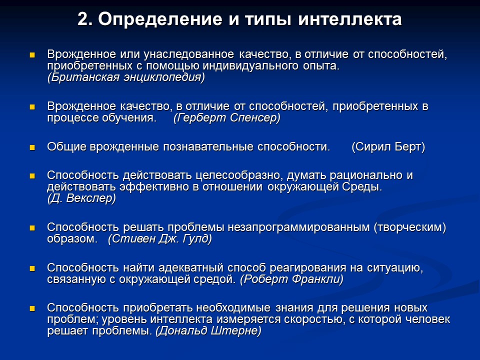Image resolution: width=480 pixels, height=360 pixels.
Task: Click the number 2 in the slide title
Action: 84,19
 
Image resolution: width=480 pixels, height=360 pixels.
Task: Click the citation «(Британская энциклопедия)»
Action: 126,77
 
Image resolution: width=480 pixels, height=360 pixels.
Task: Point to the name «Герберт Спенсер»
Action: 227,118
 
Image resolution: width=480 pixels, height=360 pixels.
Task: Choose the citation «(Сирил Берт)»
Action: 388,147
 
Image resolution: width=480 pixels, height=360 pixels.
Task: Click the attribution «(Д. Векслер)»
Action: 81,198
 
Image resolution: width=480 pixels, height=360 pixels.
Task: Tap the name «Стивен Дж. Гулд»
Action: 160,238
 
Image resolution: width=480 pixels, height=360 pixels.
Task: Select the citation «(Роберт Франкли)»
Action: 291,279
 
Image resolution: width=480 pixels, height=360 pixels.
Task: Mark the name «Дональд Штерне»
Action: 208,331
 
